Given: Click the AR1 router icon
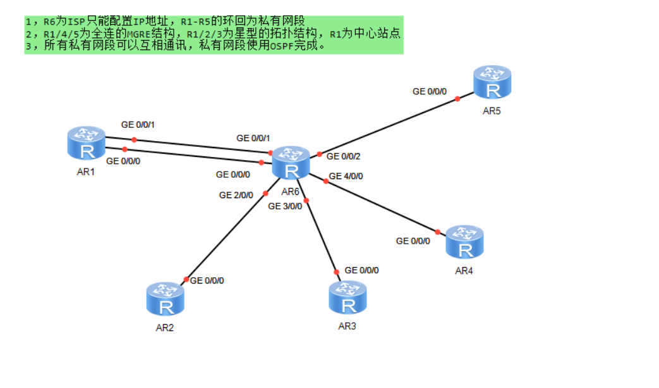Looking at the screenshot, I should (x=87, y=143).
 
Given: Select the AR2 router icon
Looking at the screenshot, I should (x=166, y=299).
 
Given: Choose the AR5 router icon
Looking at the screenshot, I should (x=492, y=84).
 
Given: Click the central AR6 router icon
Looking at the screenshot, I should (x=291, y=163).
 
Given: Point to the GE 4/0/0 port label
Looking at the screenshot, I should (x=346, y=176).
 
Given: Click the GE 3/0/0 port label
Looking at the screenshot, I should (x=285, y=206).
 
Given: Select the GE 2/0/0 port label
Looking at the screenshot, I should (x=236, y=195).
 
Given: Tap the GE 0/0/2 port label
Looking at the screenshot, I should (x=343, y=156).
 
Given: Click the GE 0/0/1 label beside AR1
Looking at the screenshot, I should (x=138, y=125).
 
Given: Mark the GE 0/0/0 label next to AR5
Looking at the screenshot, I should (x=430, y=91).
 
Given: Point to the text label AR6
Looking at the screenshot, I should (x=290, y=192).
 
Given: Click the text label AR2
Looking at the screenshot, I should (x=165, y=328).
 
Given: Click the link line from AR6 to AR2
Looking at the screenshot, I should (x=227, y=234).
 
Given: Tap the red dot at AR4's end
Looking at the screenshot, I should (x=437, y=232).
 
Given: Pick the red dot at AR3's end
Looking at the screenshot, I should (x=336, y=272).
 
